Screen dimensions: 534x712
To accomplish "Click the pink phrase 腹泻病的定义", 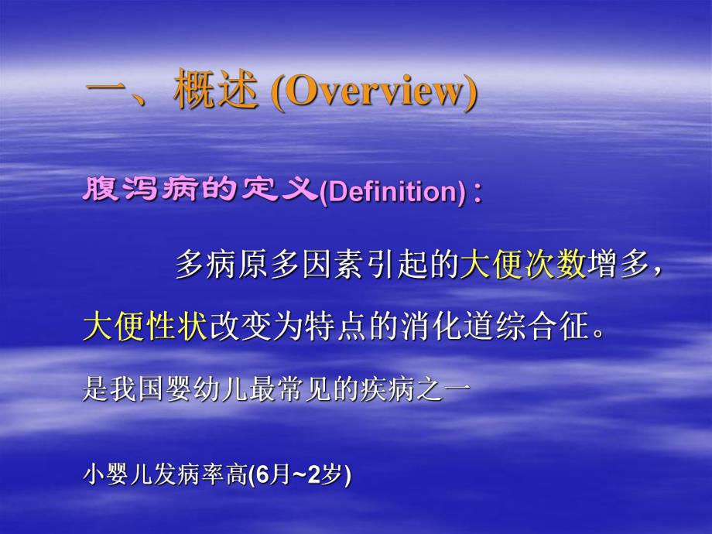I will (200, 190).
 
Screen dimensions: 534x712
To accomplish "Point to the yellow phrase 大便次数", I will (523, 265).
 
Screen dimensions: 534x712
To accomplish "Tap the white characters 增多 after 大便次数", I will (616, 265).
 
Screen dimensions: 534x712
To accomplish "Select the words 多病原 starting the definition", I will (221, 265).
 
